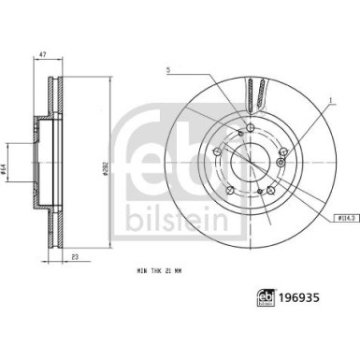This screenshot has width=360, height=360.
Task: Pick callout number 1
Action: (x=330, y=100)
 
